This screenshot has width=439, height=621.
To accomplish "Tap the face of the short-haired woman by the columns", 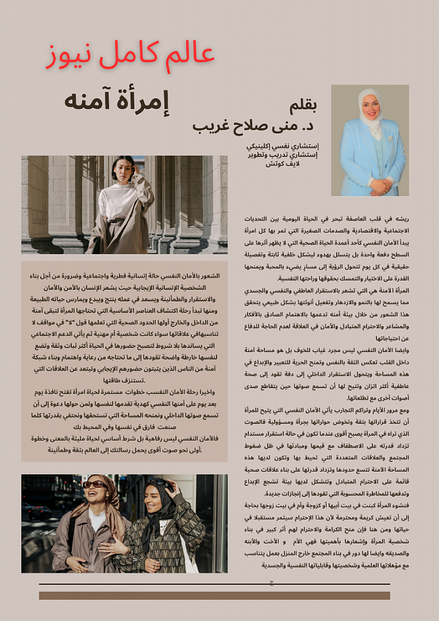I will click(x=121, y=170).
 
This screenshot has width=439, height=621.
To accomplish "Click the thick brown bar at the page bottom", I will click(x=214, y=595).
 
